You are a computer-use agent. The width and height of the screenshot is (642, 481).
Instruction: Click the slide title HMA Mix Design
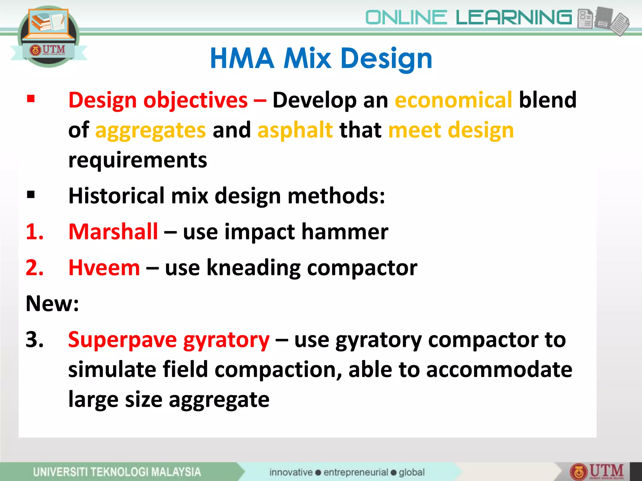pyautogui.click(x=321, y=58)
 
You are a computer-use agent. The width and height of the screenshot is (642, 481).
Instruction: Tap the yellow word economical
pyautogui.click(x=453, y=100)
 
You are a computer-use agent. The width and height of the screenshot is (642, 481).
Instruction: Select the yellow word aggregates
pyautogui.click(x=150, y=130)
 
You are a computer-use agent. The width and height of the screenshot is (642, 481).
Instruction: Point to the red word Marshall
pyautogui.click(x=113, y=232)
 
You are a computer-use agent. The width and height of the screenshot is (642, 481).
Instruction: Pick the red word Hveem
pyautogui.click(x=104, y=268)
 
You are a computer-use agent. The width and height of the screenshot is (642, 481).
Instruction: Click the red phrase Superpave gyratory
pyautogui.click(x=169, y=340)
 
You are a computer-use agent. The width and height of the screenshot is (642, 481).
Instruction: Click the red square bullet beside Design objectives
pyautogui.click(x=31, y=99)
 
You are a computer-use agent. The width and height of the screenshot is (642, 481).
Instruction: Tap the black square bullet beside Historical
pyautogui.click(x=31, y=195)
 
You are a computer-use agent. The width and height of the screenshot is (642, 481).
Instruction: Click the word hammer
pyautogui.click(x=345, y=232)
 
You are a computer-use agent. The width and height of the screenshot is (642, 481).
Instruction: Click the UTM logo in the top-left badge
pyautogui.click(x=48, y=50)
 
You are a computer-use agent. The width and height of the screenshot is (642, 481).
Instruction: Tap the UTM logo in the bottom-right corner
pyautogui.click(x=597, y=471)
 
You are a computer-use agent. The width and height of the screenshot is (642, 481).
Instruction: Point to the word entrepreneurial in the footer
pyautogui.click(x=355, y=472)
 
